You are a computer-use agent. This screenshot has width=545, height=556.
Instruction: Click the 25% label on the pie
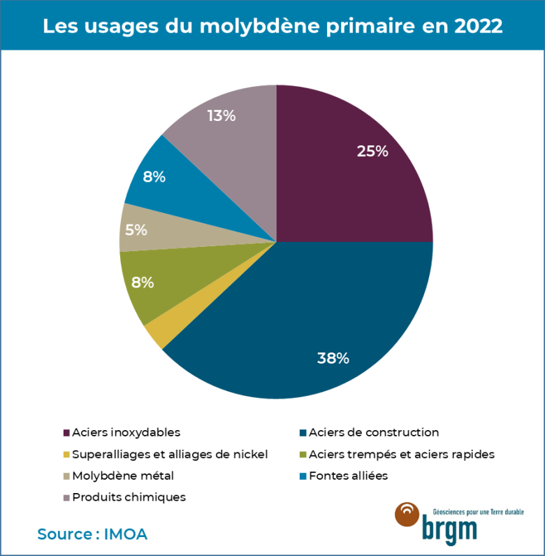click(x=372, y=150)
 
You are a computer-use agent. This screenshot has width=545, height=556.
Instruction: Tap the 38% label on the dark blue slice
click(x=333, y=359)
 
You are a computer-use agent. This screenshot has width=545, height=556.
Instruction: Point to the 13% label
click(x=221, y=116)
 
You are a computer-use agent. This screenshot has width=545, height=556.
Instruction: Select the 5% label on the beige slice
click(x=136, y=229)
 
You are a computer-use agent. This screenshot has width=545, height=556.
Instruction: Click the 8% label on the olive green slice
click(x=143, y=283)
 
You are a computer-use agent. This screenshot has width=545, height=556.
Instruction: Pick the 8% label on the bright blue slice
click(x=154, y=177)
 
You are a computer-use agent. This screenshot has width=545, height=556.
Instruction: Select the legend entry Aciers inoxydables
click(x=126, y=432)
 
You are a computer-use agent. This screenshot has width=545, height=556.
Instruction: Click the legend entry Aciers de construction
click(x=373, y=432)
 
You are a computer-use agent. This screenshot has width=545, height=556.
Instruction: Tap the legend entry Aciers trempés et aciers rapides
click(x=401, y=454)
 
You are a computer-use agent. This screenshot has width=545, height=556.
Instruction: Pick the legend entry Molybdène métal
click(x=122, y=476)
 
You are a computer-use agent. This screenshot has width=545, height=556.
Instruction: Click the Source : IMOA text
click(x=92, y=534)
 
